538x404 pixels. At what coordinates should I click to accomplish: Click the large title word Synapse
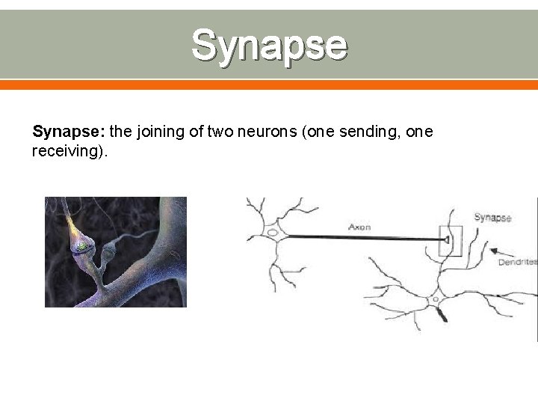coord(269,44)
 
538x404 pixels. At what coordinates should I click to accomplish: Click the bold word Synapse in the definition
coord(69,132)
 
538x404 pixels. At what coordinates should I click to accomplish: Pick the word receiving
coord(68,152)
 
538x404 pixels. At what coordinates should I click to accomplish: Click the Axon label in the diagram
coord(359,227)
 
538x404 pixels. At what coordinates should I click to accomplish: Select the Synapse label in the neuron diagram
coord(492,217)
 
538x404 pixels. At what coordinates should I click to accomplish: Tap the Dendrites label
coord(518,263)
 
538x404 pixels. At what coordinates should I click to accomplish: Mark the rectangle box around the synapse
coord(451,240)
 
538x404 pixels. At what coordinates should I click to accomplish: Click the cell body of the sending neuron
coord(272,233)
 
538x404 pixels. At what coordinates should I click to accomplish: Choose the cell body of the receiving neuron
coord(435,300)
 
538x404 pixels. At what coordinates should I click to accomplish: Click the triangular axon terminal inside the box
coord(446,240)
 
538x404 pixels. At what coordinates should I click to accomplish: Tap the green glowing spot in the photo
coord(80,246)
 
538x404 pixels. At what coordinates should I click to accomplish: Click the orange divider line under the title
coord(269,85)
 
